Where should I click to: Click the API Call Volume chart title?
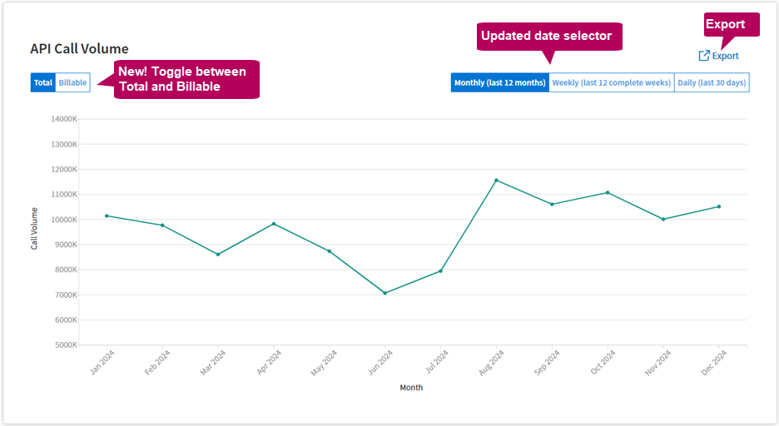(x=79, y=49)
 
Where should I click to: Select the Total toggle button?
(x=43, y=83)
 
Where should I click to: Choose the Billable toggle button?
(x=72, y=83)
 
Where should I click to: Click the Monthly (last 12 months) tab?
(x=500, y=83)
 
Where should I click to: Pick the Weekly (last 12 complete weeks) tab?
(x=612, y=83)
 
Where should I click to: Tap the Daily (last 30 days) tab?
(x=712, y=83)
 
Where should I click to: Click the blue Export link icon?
(x=704, y=56)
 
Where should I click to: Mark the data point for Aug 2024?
(x=496, y=180)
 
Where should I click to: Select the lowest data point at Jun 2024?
(x=385, y=293)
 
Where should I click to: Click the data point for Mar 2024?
(x=218, y=255)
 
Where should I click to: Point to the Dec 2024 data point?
(x=719, y=206)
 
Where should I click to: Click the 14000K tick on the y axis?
(x=64, y=119)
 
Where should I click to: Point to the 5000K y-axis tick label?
(x=66, y=345)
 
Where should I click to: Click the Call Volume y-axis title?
(x=34, y=229)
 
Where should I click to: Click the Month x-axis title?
(x=411, y=388)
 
